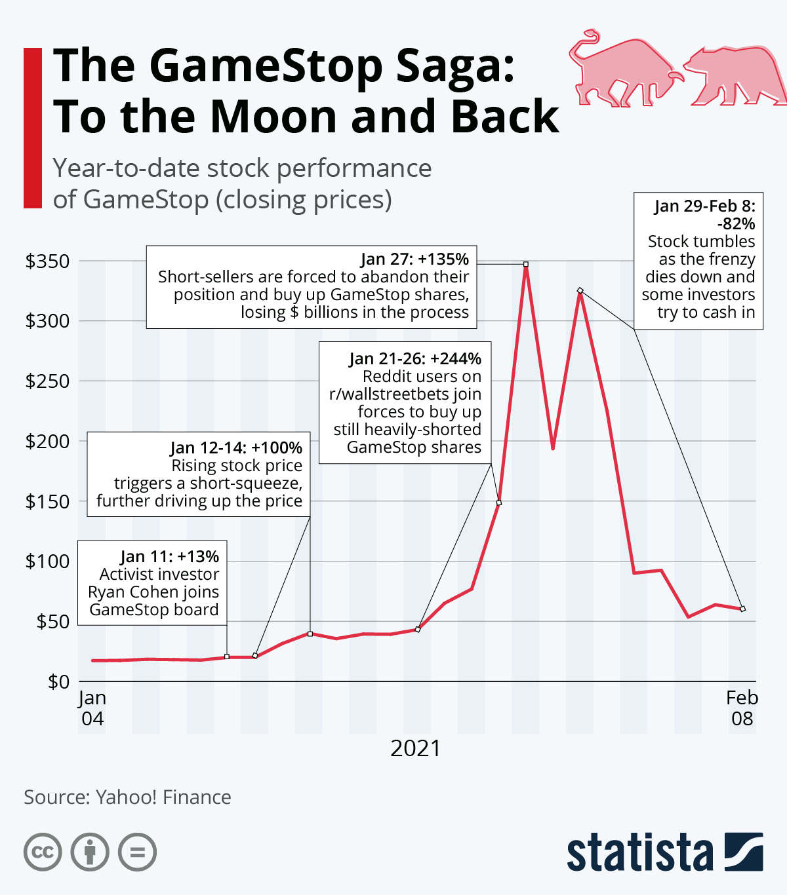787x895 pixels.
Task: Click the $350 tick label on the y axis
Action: pos(47,261)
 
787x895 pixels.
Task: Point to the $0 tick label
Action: pos(58,682)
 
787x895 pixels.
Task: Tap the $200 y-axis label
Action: pos(47,442)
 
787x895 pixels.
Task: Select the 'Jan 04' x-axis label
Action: pos(92,708)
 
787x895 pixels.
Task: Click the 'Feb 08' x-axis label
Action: pos(742,708)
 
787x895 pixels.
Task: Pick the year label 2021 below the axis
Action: pos(416,748)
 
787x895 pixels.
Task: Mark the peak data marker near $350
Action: pos(526,264)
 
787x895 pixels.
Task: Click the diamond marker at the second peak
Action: pos(580,290)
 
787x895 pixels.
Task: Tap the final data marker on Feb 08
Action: pos(742,609)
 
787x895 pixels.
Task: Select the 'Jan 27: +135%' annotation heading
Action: pos(414,259)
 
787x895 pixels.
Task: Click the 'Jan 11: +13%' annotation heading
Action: pos(169,557)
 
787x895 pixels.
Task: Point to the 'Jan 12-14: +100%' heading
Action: pos(236,448)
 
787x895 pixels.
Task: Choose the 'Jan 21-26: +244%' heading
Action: pos(415,359)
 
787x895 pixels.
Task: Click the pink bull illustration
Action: pos(623,71)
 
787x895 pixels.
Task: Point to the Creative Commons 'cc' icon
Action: pos(43,852)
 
